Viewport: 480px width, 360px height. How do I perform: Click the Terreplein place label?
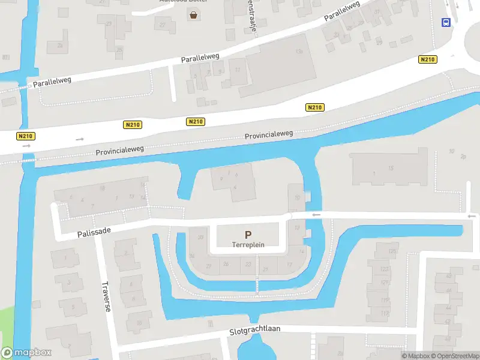pyautogui.click(x=248, y=245)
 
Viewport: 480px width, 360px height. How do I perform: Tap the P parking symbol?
pyautogui.click(x=248, y=235)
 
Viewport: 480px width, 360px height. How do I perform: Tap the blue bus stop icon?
pyautogui.click(x=446, y=23)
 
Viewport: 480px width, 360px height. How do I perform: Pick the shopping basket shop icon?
pyautogui.click(x=194, y=16)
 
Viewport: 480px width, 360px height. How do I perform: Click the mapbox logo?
pyautogui.click(x=26, y=353)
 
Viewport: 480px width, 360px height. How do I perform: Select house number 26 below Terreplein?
pyautogui.click(x=226, y=264)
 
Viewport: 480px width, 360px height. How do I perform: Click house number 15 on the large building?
pyautogui.click(x=391, y=168)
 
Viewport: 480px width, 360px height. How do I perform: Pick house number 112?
pyautogui.click(x=385, y=313)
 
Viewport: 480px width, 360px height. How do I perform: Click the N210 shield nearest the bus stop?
pyautogui.click(x=427, y=59)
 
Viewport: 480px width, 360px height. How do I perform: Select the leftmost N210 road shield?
pyautogui.click(x=25, y=136)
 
